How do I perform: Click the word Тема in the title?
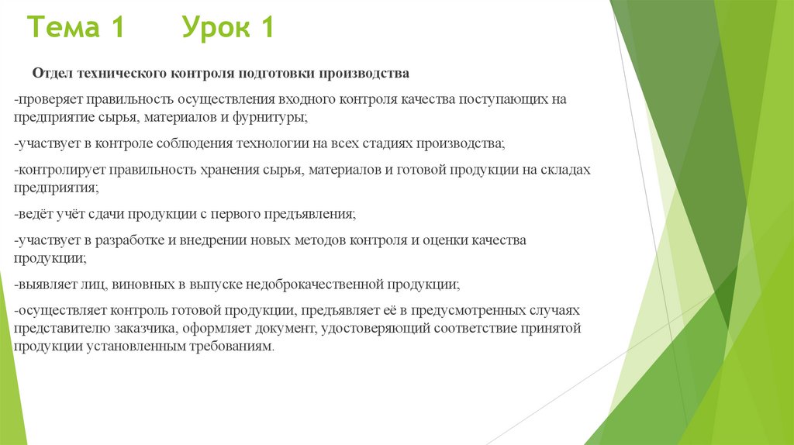pyautogui.click(x=64, y=29)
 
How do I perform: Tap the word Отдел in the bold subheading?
pyautogui.click(x=51, y=74)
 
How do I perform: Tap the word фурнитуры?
pyautogui.click(x=273, y=117)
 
